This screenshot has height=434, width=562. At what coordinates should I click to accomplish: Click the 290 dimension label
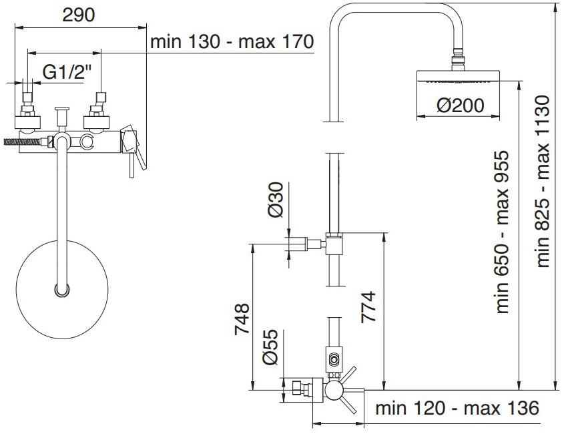coord(79,15)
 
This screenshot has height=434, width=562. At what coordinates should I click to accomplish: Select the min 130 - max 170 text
coord(232,41)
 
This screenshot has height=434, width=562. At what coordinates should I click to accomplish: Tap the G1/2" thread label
coord(66,71)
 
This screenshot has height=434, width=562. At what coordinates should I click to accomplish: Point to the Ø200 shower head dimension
coord(460,105)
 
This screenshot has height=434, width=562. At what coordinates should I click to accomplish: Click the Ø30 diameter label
coord(276,200)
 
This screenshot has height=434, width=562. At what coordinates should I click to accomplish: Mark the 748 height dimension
coord(241,318)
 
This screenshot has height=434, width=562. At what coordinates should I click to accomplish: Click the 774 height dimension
coord(369,306)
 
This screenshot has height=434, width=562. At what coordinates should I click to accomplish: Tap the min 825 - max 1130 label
coord(543,180)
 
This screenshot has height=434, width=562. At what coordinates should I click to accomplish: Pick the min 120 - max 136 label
coord(457,408)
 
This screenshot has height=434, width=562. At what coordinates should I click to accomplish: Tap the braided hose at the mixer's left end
coord(20,142)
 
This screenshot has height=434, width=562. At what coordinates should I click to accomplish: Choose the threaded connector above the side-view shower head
coord(459,61)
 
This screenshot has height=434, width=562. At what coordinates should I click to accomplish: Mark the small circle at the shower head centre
coord(61,290)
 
